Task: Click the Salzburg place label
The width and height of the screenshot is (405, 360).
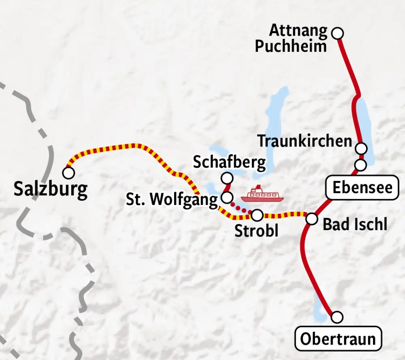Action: point(50,190)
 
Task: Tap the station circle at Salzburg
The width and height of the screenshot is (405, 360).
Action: point(68,173)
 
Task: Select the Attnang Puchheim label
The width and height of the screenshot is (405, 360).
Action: point(291,38)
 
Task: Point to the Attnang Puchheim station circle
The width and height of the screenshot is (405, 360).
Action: point(337,33)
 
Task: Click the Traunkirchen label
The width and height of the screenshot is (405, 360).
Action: point(305,141)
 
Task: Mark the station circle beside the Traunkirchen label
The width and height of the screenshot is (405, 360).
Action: point(361,148)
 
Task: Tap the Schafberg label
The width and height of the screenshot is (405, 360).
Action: point(229,162)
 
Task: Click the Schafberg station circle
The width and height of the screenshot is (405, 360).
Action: point(228,178)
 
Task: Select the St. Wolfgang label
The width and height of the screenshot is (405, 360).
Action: point(172,200)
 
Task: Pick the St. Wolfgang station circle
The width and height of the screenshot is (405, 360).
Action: point(227,198)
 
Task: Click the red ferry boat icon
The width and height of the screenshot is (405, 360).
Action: point(262,194)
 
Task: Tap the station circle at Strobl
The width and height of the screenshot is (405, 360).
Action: point(257,215)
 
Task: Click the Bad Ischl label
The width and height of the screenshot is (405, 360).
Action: point(355,224)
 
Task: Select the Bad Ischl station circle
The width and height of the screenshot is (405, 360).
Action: point(311,219)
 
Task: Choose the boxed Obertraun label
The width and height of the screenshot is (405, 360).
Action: point(338,339)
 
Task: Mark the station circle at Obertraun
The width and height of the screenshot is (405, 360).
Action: point(337,317)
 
